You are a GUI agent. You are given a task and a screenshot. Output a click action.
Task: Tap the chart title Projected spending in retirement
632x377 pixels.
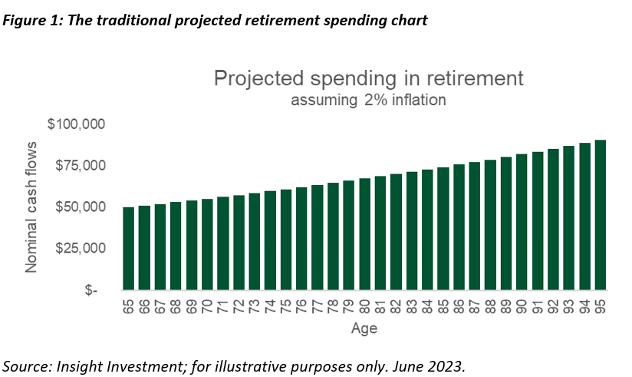click(x=368, y=78)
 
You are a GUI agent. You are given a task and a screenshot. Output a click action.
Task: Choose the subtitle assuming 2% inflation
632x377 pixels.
click(x=368, y=100)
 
